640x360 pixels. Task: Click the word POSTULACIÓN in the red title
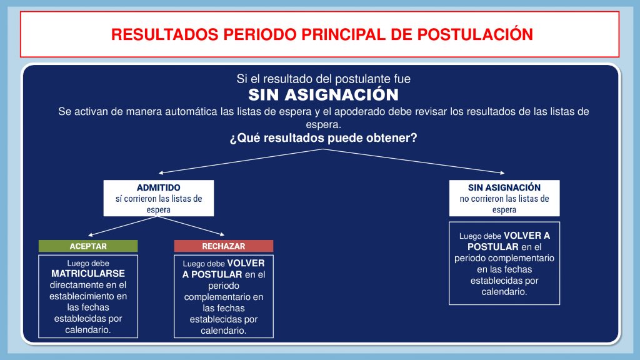(x=475, y=34)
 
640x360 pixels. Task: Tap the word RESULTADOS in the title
(x=165, y=35)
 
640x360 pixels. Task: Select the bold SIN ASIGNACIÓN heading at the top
(x=323, y=95)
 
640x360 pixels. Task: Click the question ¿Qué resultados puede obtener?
(x=323, y=138)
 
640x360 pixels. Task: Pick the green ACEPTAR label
(x=88, y=246)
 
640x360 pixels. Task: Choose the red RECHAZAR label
(x=224, y=246)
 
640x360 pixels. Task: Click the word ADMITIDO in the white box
(x=158, y=187)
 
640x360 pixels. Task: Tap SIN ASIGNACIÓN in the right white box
(x=504, y=187)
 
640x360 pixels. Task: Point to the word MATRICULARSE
(x=88, y=274)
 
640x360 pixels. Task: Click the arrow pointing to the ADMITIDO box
(x=241, y=161)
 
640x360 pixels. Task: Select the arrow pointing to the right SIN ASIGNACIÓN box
(x=414, y=161)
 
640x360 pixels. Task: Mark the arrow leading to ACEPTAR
(x=123, y=226)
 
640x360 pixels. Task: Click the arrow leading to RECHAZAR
(x=191, y=226)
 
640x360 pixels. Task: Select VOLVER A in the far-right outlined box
(x=527, y=236)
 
